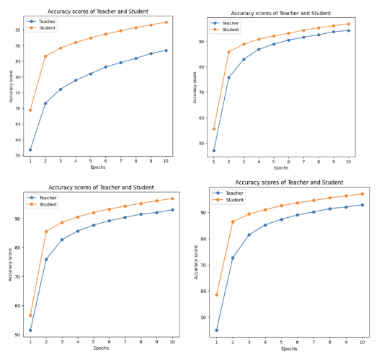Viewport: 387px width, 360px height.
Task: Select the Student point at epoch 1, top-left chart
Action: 30,110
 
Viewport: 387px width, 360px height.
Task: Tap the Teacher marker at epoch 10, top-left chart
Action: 166,51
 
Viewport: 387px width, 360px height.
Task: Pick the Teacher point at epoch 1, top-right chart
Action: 214,151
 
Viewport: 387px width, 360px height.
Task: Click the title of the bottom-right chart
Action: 289,183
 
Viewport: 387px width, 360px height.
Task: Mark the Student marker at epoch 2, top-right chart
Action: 228,52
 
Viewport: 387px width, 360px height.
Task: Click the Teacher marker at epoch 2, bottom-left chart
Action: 46,260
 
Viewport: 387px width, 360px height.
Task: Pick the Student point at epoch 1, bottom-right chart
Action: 216,294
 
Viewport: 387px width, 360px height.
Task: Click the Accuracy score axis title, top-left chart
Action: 11,87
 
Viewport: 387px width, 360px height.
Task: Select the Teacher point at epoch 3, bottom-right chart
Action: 249,235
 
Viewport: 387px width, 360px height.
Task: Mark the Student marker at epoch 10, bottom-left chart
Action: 172,198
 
